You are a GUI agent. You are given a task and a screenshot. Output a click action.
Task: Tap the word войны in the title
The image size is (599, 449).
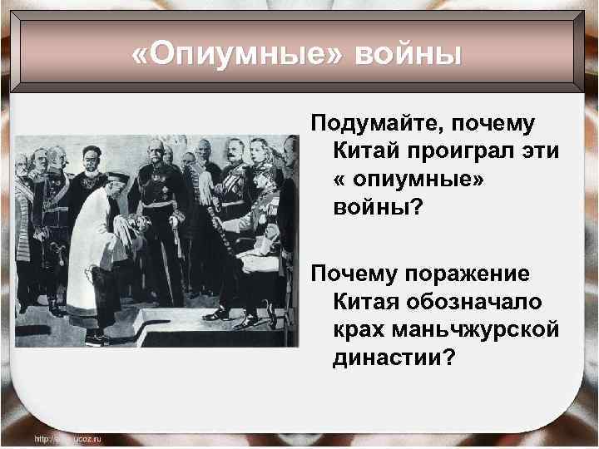pyautogui.click(x=408, y=56)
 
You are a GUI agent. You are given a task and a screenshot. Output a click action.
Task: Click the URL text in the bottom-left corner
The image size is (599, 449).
pyautogui.click(x=67, y=437)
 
